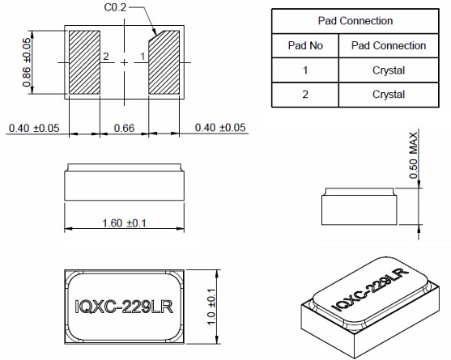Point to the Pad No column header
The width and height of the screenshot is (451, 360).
pos(305,45)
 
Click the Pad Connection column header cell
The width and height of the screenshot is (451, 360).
pos(389,45)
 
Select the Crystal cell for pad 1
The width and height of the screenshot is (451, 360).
pos(389,70)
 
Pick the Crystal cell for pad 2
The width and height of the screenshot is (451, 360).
pos(389,95)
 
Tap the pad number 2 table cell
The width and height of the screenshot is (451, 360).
pos(305,95)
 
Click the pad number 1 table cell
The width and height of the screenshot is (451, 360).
pos(305,70)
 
